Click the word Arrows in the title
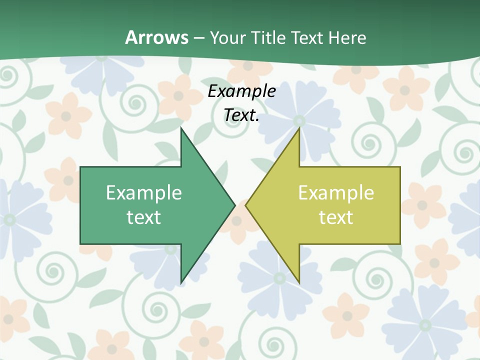[156, 37]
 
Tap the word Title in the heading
[268, 37]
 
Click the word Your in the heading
[228, 37]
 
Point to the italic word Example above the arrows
[241, 91]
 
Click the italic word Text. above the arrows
[241, 115]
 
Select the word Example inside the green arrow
[144, 192]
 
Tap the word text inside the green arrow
[144, 217]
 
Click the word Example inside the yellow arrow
[336, 192]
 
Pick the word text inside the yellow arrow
[336, 217]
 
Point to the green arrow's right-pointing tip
[234, 204]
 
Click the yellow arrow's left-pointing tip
[246, 204]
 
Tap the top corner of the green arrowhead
[181, 128]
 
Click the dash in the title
[198, 38]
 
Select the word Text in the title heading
[308, 37]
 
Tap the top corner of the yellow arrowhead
[299, 128]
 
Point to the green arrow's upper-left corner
[81, 167]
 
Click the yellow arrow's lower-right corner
[399, 243]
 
